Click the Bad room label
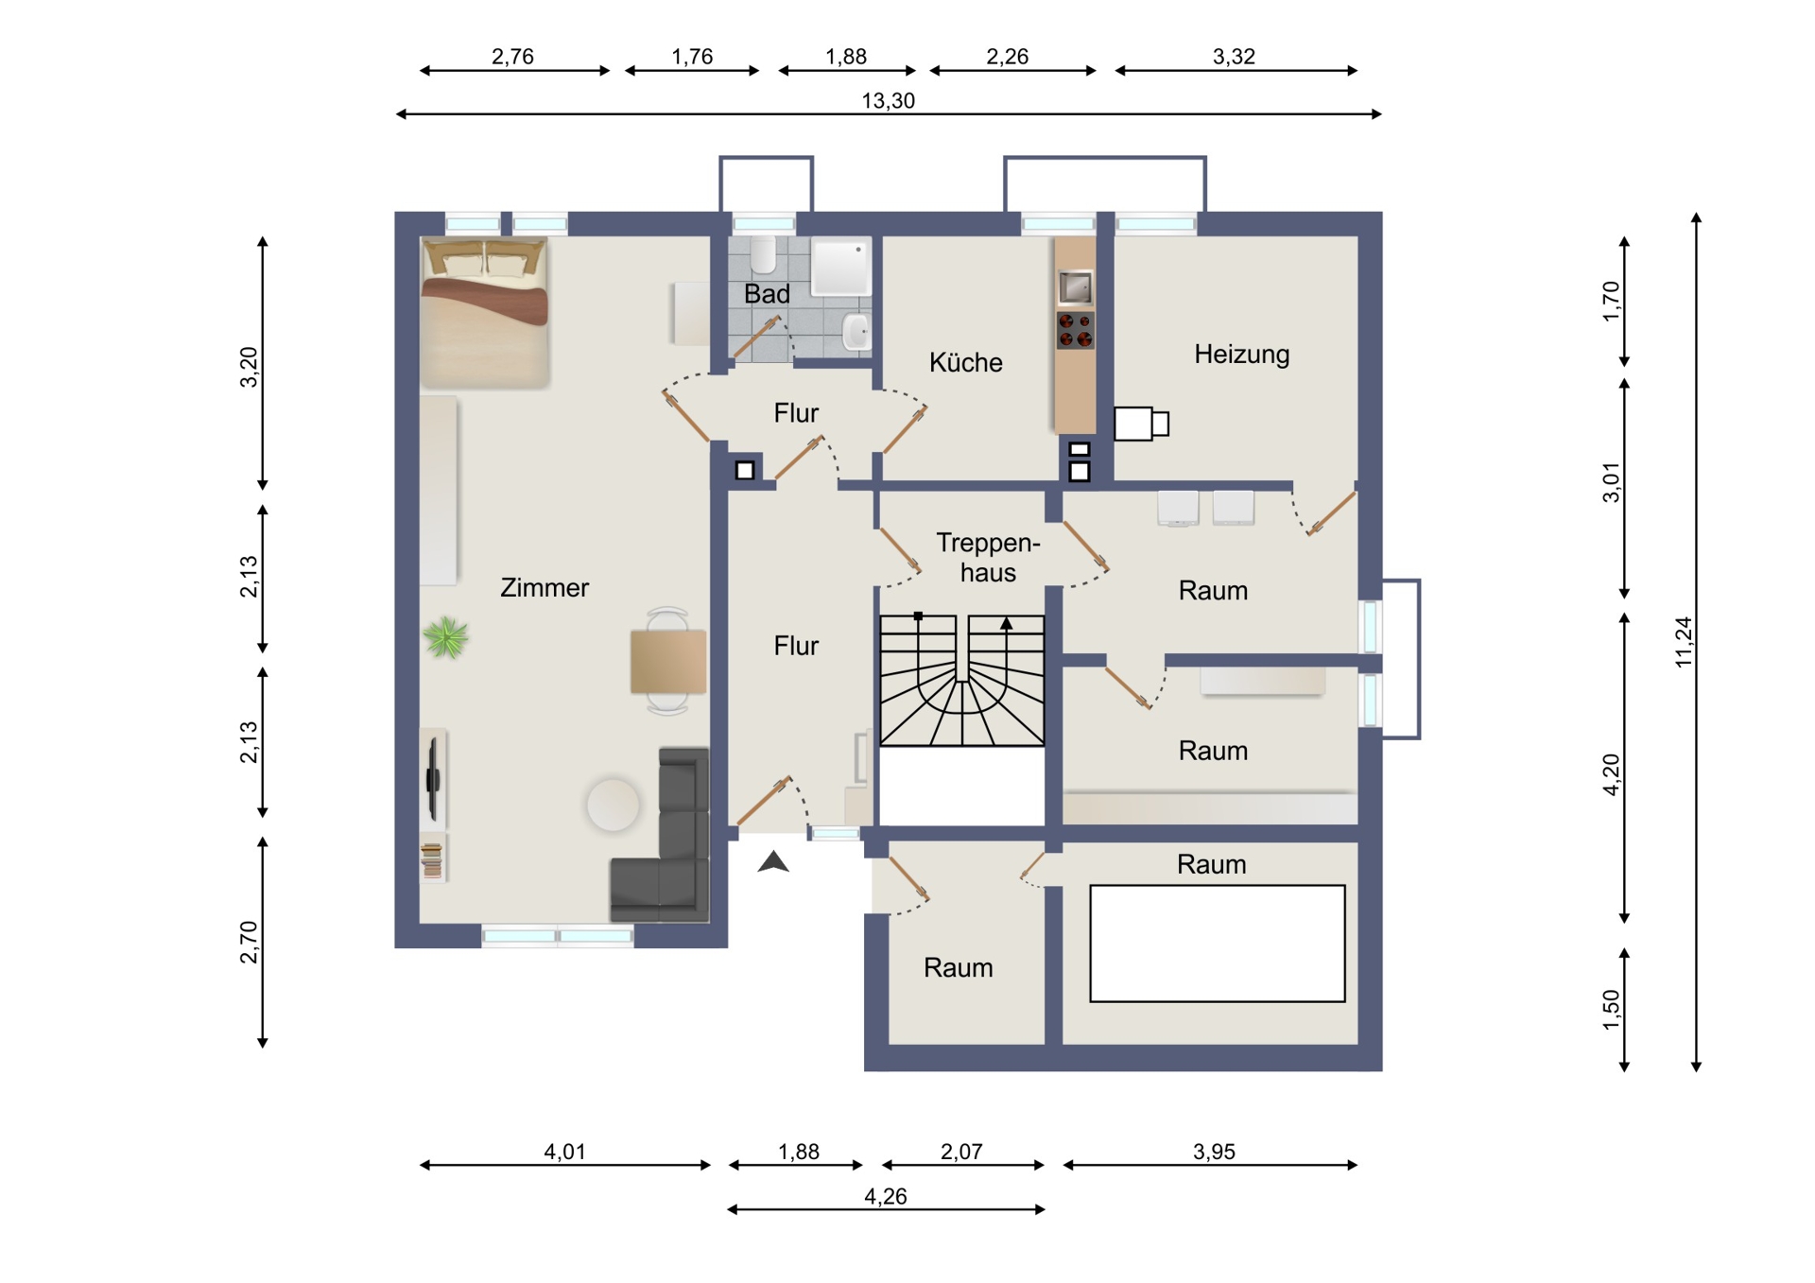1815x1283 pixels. click(767, 294)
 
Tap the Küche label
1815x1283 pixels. click(965, 362)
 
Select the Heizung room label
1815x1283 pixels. click(1241, 355)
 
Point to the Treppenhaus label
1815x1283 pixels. click(988, 557)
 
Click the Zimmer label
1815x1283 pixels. click(544, 587)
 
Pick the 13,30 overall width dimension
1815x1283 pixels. click(889, 100)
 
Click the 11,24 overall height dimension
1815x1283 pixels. click(1684, 643)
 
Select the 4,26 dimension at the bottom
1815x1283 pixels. click(886, 1196)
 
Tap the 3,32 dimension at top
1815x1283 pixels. click(1234, 57)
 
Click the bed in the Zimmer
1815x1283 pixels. click(485, 313)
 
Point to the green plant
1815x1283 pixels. click(446, 637)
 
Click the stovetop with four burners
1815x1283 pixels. click(1075, 330)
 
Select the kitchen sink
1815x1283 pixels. click(1075, 286)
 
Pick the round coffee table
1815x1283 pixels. click(613, 805)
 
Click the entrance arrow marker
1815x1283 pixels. click(773, 861)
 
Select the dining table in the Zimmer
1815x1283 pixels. click(668, 661)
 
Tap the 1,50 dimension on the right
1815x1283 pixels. click(1612, 1011)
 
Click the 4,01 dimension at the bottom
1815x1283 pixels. click(564, 1152)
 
